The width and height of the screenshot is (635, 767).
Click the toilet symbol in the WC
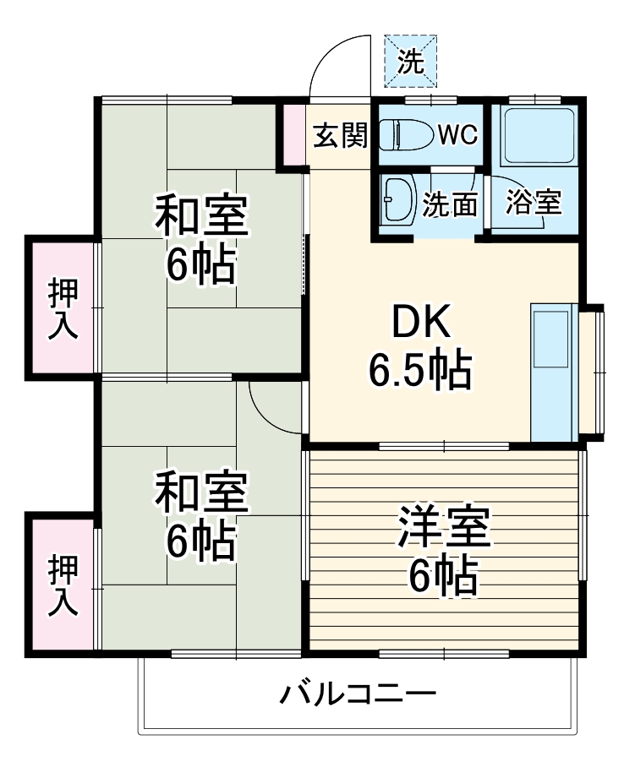(403, 134)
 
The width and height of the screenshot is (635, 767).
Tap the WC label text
(457, 134)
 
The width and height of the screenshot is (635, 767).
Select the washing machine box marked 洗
(411, 61)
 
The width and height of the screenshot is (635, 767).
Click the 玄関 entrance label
(341, 135)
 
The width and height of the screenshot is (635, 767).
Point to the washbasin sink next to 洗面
(396, 201)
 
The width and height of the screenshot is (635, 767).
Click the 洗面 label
(451, 204)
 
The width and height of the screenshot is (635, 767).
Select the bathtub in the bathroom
(539, 135)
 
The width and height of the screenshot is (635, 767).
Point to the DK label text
(420, 322)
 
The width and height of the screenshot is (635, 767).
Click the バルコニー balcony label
(359, 696)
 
